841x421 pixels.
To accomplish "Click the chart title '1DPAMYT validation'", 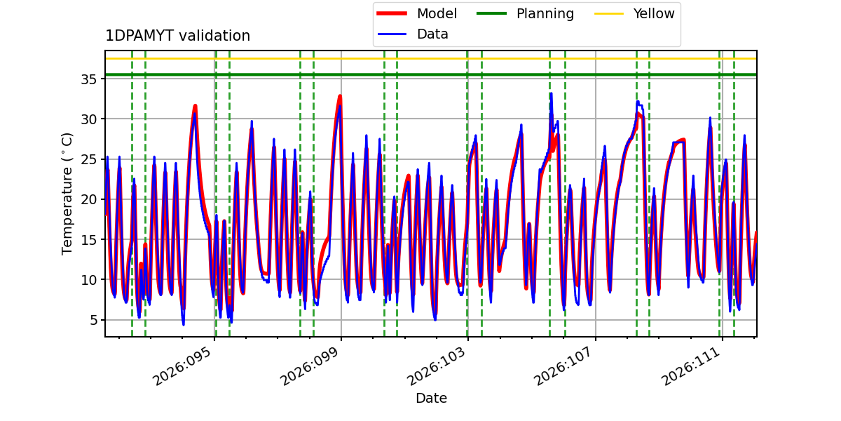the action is (177, 36).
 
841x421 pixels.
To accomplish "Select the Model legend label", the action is (437, 13).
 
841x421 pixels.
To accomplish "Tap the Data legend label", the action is (432, 34).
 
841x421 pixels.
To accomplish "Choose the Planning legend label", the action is (545, 14).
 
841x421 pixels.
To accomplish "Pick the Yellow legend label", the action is (654, 13).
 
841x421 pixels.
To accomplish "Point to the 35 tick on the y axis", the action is (88, 79).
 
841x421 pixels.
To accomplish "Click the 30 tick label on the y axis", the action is (88, 119).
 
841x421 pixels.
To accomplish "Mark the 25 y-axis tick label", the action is (88, 159).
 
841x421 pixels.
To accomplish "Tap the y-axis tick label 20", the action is (88, 199).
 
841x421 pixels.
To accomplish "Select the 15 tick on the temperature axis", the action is (88, 239).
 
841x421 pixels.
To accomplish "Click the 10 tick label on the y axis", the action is (88, 280).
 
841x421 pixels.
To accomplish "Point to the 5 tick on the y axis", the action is (93, 320).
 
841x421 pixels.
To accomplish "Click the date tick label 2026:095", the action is (182, 366).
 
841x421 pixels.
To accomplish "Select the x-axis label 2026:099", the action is (309, 366).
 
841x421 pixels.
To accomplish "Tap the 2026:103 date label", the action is (436, 366).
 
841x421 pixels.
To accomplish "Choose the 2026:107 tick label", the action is (563, 366).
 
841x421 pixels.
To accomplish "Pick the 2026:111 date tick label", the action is (690, 366).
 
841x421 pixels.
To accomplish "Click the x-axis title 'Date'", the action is (431, 398).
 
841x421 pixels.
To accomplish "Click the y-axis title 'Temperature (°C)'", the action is (67, 194).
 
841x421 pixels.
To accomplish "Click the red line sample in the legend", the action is (392, 13).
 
